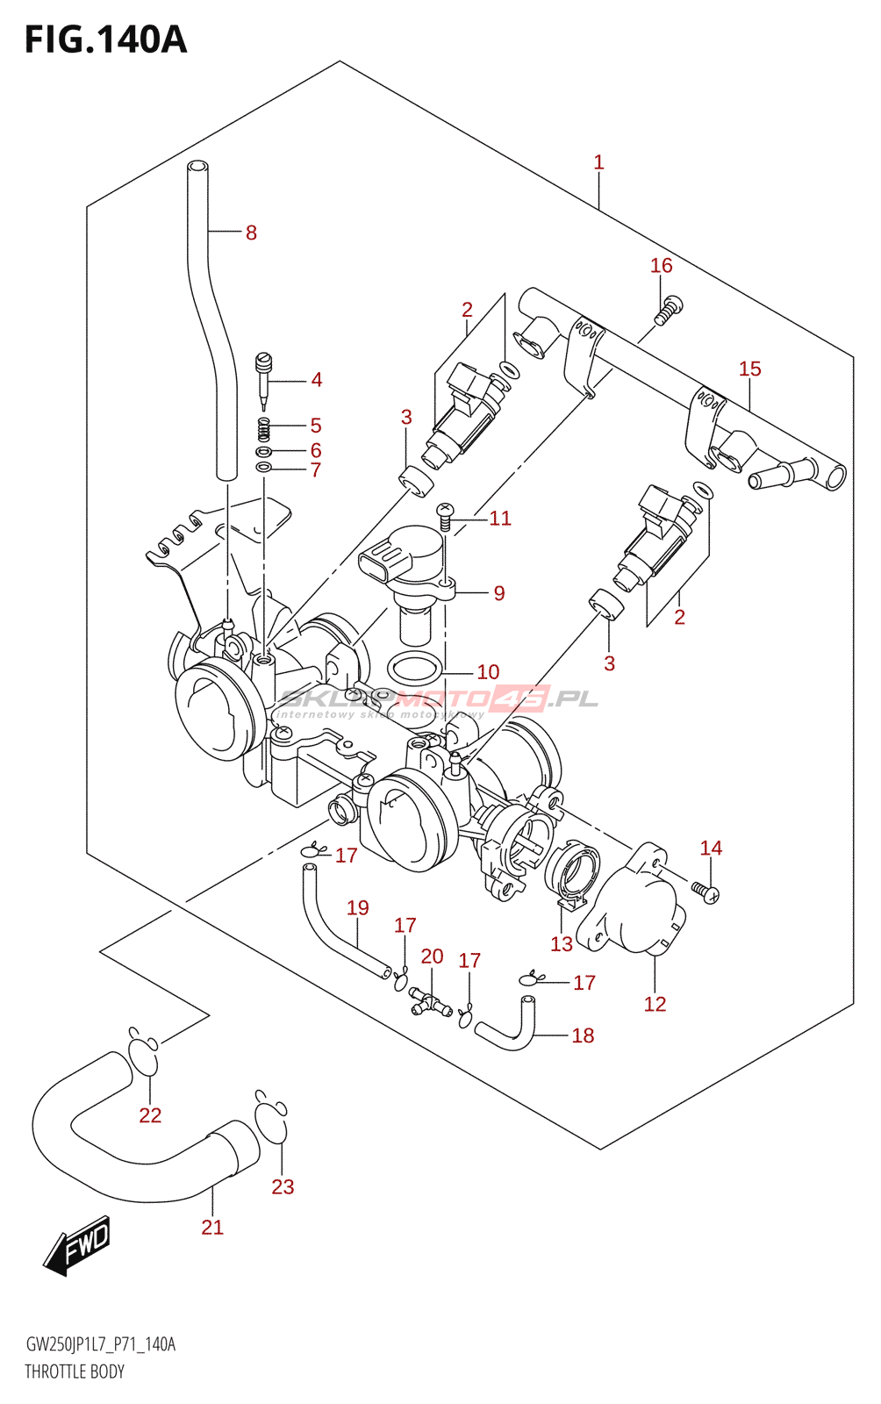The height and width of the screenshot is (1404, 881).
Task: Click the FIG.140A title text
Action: click(105, 39)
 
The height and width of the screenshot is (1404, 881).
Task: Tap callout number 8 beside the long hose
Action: click(251, 233)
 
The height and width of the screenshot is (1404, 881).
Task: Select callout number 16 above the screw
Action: click(661, 265)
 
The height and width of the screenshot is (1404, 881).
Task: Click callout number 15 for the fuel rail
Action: click(749, 369)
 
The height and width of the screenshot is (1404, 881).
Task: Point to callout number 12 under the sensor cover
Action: click(655, 1004)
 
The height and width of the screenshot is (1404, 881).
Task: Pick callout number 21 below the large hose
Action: click(212, 1227)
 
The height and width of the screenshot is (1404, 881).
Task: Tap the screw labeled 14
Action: click(706, 892)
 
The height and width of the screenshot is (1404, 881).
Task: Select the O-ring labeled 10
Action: click(414, 670)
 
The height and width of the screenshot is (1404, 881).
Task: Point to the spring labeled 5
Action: click(263, 429)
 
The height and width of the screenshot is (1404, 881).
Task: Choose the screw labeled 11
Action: click(445, 515)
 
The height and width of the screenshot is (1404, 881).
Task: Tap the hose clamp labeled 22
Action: click(144, 1053)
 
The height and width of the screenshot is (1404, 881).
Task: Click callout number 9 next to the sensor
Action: click(498, 593)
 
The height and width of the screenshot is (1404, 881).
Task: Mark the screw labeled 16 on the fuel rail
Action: click(670, 311)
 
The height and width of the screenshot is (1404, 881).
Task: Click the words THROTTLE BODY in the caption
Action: click(75, 1372)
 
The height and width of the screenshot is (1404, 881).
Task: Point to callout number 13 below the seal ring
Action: click(561, 944)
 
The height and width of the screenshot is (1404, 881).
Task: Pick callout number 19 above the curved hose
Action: click(357, 907)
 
